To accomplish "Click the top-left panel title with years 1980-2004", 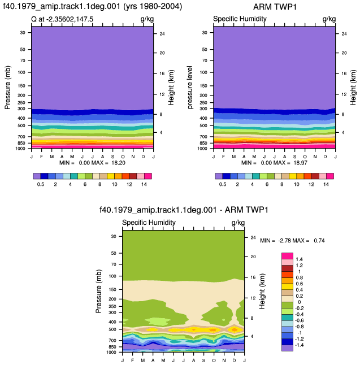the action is click(93, 6).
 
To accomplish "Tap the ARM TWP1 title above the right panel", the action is click(275, 7).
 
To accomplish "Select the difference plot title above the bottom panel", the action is click(184, 210).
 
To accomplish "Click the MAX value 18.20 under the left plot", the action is click(118, 163).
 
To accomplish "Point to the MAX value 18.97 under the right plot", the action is click(300, 163).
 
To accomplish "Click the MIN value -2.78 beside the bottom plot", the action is click(284, 241).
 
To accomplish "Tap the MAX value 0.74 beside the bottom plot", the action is click(319, 241).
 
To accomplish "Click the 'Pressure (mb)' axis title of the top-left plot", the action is click(7, 88).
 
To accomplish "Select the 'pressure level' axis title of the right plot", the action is click(190, 87).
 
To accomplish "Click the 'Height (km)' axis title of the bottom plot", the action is click(262, 291).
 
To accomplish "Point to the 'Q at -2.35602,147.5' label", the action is click(62, 19).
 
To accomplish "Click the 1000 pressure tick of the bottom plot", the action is click(111, 352).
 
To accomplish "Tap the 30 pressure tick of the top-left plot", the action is click(23, 33).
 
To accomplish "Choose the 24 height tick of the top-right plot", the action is click(344, 34).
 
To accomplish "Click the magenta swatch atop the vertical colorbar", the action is click(287, 256).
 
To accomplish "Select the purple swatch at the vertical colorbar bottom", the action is click(287, 348).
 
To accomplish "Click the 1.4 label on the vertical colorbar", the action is click(299, 259).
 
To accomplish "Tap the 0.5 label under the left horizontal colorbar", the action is click(41, 184).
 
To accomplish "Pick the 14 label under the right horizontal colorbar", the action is click(326, 184).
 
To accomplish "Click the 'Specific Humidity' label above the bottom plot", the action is click(149, 223).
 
